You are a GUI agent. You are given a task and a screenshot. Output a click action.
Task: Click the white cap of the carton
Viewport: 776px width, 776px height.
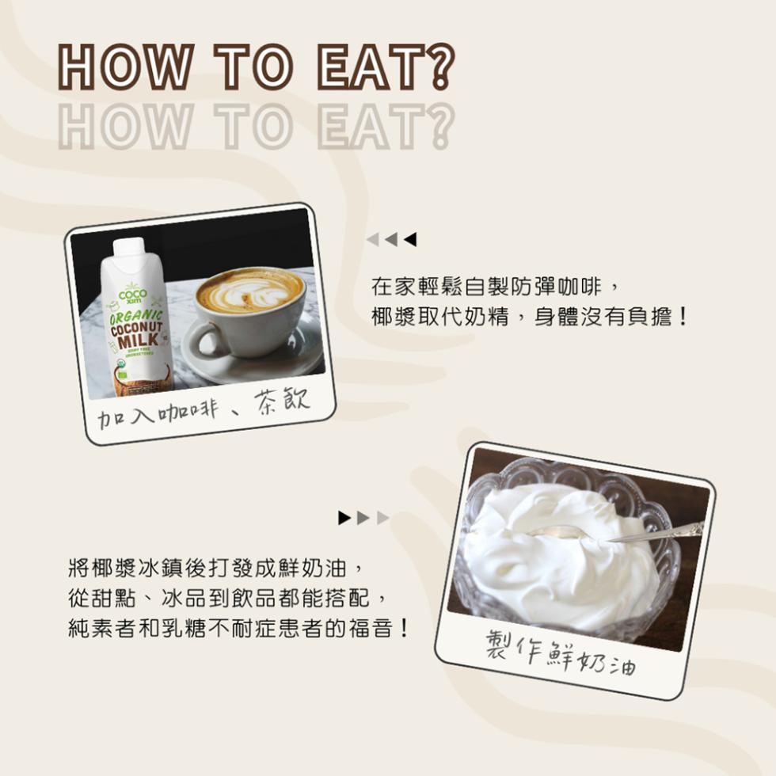click(x=128, y=247)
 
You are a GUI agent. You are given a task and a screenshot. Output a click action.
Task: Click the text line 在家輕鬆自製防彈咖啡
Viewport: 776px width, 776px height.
click(x=491, y=285)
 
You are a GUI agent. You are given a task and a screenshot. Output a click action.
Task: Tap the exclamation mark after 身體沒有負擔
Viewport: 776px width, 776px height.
click(x=683, y=318)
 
